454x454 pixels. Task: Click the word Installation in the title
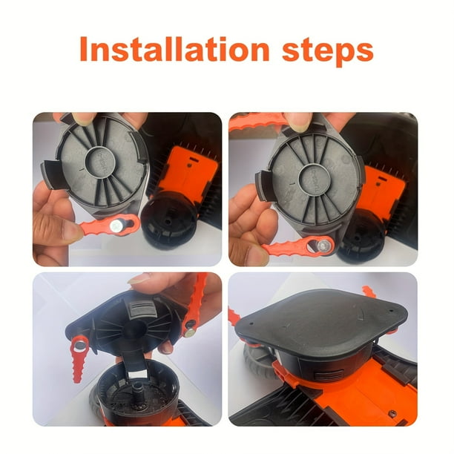coord(174,49)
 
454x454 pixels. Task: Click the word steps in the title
coord(327,52)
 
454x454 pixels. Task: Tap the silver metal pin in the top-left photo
coord(116,226)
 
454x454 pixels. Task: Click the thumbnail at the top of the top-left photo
coord(84,118)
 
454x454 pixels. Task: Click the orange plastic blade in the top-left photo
coord(109,224)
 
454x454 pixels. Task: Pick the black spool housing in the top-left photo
coord(169,220)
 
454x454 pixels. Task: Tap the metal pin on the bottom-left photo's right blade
coord(190,333)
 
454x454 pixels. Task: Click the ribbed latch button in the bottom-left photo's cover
coord(141,309)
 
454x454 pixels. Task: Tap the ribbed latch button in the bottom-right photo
coord(329,376)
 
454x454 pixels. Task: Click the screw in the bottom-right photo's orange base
coord(393,414)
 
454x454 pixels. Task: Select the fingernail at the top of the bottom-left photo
coord(139,278)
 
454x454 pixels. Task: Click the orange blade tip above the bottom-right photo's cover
coord(369,292)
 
